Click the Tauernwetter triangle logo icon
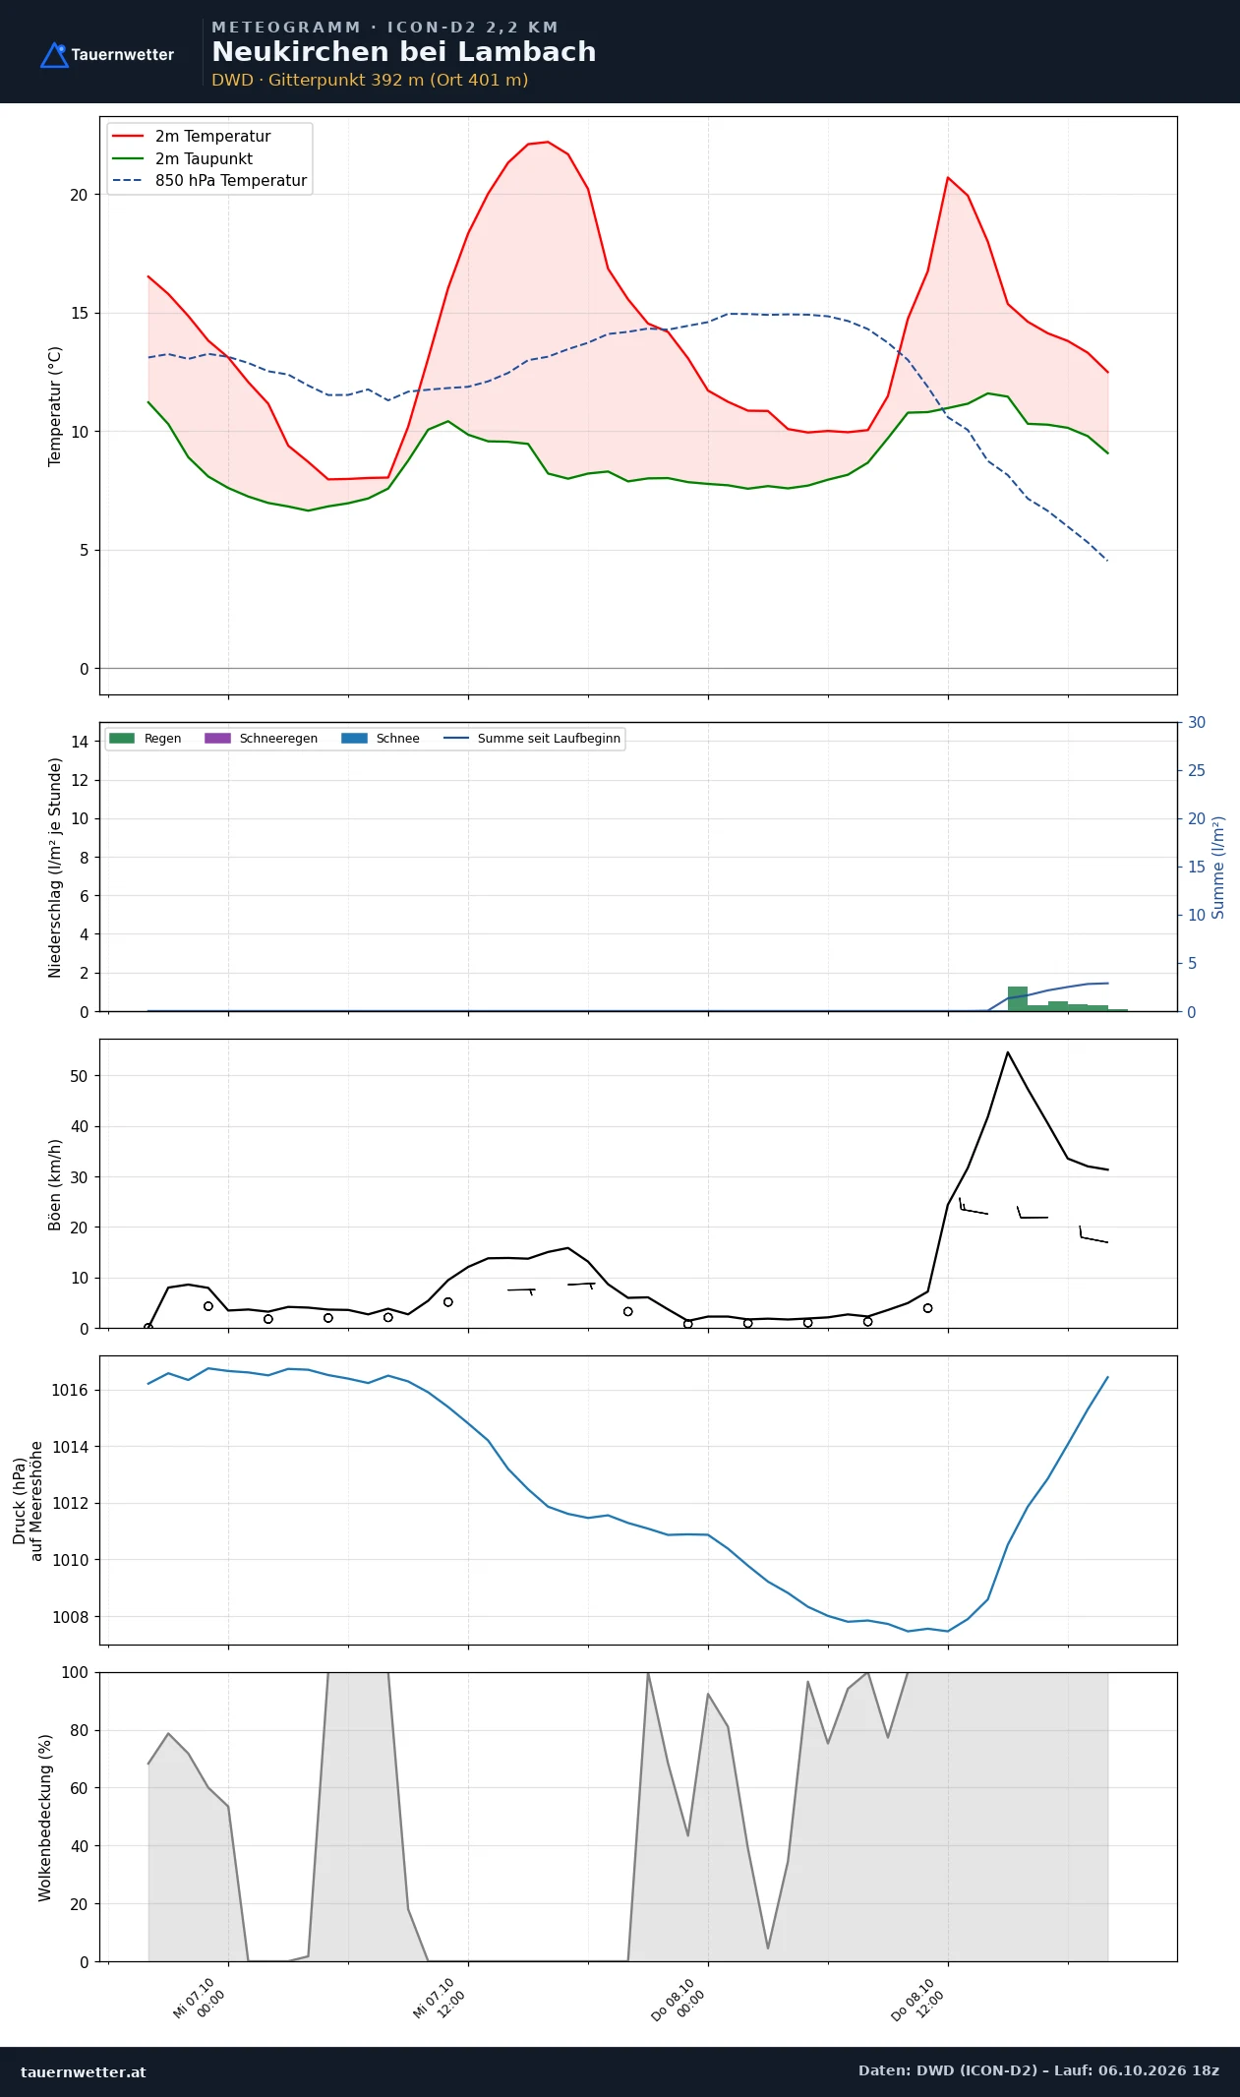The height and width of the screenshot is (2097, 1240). [x=54, y=55]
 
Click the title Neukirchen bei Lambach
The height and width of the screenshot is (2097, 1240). [x=403, y=52]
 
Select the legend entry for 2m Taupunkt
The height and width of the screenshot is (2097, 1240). [x=183, y=158]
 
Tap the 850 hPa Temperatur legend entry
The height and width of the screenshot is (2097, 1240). [x=209, y=181]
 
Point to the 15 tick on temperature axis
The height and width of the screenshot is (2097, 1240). [x=79, y=314]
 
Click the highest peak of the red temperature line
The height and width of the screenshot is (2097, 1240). [x=548, y=142]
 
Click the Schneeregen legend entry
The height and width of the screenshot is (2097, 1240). [x=261, y=739]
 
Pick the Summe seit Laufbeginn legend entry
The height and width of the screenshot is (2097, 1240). [x=532, y=739]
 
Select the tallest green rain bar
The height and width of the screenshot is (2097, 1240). [x=1017, y=998]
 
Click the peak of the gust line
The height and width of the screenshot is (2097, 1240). [x=1007, y=1052]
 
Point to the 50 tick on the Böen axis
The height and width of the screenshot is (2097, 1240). [x=79, y=1076]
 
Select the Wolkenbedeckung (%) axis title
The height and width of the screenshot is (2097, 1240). [x=45, y=1818]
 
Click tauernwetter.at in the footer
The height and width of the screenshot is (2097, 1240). [x=84, y=2071]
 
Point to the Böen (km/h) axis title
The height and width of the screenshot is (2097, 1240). [x=55, y=1184]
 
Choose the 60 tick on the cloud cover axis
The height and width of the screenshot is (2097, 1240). [x=79, y=1788]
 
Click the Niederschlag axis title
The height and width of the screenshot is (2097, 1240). [x=55, y=868]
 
